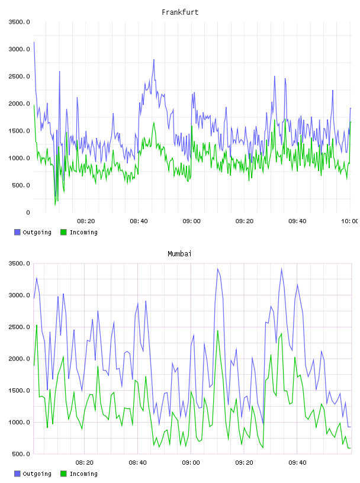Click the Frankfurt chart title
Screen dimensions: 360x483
[180, 12]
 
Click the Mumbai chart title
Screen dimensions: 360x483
[179, 254]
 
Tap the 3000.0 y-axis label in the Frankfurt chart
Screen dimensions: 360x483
[19, 49]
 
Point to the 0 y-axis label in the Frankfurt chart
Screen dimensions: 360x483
[28, 212]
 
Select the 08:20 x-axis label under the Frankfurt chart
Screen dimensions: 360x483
[86, 221]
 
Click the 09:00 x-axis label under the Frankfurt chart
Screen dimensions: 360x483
[191, 221]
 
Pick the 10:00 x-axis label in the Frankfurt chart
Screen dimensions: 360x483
[350, 221]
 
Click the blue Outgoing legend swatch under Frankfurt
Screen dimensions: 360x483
[17, 232]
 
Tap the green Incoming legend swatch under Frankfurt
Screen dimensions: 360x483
[63, 232]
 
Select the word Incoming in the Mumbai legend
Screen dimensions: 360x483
[83, 474]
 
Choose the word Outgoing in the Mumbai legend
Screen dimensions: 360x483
[37, 474]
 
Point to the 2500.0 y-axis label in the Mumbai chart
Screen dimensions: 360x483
[19, 327]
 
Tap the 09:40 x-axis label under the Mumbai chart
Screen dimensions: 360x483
[297, 463]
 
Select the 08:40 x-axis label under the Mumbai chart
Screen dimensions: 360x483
[137, 463]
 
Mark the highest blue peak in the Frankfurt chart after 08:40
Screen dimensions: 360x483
[154, 59]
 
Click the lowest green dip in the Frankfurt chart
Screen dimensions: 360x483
[55, 205]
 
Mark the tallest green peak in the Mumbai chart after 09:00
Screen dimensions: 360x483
[218, 331]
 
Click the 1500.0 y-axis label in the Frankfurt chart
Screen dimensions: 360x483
[19, 131]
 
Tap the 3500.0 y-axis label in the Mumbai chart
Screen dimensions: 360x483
[19, 263]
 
